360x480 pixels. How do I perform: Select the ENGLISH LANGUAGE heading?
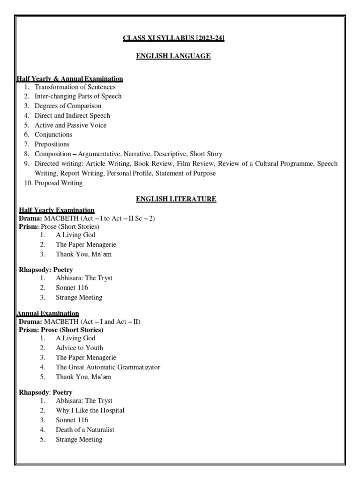[x=173, y=56]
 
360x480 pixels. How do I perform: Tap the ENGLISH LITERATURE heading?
[x=176, y=199]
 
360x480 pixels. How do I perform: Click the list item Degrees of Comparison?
[x=68, y=106]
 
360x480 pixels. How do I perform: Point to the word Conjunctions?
[x=53, y=135]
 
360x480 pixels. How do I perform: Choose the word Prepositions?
[x=52, y=144]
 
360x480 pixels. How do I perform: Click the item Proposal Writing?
[x=59, y=183]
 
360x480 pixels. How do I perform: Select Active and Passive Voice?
[x=71, y=125]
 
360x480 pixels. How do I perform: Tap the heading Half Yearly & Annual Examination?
[x=70, y=79]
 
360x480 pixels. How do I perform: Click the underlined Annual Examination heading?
[x=48, y=313]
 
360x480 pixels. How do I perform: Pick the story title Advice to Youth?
[x=79, y=348]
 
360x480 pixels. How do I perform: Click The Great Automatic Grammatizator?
[x=108, y=367]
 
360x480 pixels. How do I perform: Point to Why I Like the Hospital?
[x=90, y=411]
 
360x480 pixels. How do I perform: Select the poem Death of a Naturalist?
[x=85, y=430]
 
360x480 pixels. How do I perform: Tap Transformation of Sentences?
[x=75, y=87]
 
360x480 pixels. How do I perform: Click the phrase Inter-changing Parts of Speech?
[x=78, y=96]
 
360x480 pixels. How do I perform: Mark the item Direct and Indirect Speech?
[x=73, y=115]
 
